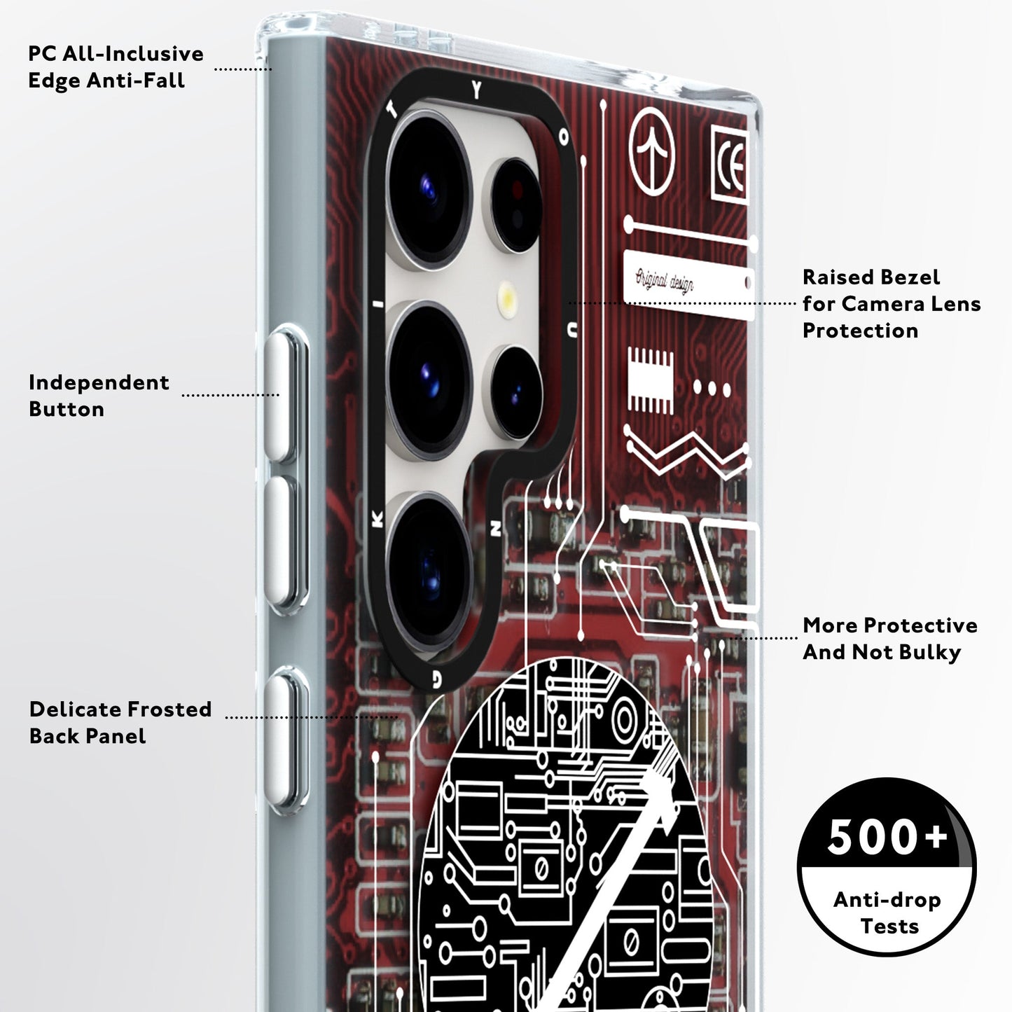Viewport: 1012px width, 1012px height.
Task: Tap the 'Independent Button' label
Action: (99, 396)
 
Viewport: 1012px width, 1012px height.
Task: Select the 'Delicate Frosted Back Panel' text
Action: (120, 722)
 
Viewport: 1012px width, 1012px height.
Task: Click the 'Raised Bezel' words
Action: (871, 277)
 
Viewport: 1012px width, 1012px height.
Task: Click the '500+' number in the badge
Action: (887, 838)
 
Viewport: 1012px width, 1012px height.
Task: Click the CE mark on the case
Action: (729, 163)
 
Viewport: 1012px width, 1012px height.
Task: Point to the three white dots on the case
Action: (712, 389)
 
